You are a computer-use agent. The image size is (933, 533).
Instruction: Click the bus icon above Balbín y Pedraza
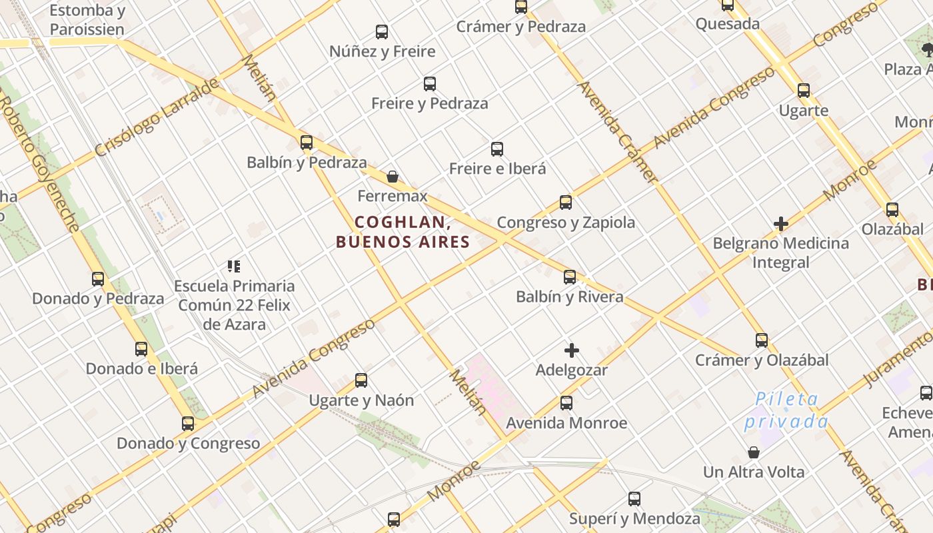pos(307,142)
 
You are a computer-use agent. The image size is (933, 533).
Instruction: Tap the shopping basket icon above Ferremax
pos(393,177)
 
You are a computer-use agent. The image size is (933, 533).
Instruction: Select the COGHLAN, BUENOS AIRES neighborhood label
pos(403,232)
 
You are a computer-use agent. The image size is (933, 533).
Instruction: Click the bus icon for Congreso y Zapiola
pos(566,202)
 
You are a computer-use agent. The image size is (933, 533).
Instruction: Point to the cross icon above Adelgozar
pos(572,350)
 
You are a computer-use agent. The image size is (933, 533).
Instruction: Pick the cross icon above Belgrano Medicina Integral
pos(781,224)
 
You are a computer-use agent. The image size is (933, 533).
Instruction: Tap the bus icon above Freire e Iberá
pos(497,149)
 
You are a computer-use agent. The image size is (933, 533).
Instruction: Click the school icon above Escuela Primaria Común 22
pos(234,266)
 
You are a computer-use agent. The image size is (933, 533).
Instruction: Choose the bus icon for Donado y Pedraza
pos(98,279)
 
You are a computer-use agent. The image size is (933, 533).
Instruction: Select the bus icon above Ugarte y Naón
pos(361,380)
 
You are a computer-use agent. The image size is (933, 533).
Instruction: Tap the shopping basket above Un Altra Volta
pos(754,452)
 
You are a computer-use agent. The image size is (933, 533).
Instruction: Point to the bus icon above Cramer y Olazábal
pos(762,340)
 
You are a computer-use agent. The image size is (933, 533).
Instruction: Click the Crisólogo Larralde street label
pos(157,117)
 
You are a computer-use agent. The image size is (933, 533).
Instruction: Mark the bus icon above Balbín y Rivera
pos(570,277)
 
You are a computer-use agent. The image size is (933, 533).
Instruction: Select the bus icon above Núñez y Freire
pos(382,31)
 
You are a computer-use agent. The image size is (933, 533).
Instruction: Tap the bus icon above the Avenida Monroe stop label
pos(566,403)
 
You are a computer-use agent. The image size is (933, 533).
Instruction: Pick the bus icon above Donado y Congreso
pos(188,423)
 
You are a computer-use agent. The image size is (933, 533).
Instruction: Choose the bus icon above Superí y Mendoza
pos(634,499)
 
